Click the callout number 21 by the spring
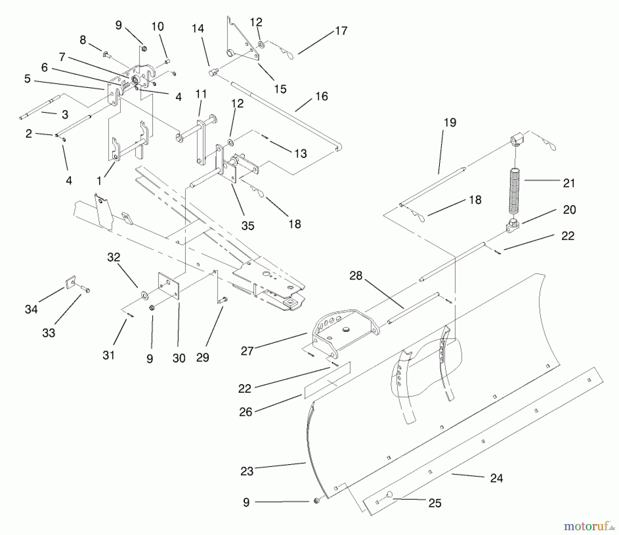coord(569,183)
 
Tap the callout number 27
coord(247,351)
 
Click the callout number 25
coord(435,503)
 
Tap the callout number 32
coord(114,257)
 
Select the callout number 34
coord(31,309)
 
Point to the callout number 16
coord(322,96)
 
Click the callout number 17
coord(341,31)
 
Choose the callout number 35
coord(248,225)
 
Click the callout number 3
coord(65,114)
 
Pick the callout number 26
coord(246,412)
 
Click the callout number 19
coord(450,123)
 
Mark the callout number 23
coord(247,471)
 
